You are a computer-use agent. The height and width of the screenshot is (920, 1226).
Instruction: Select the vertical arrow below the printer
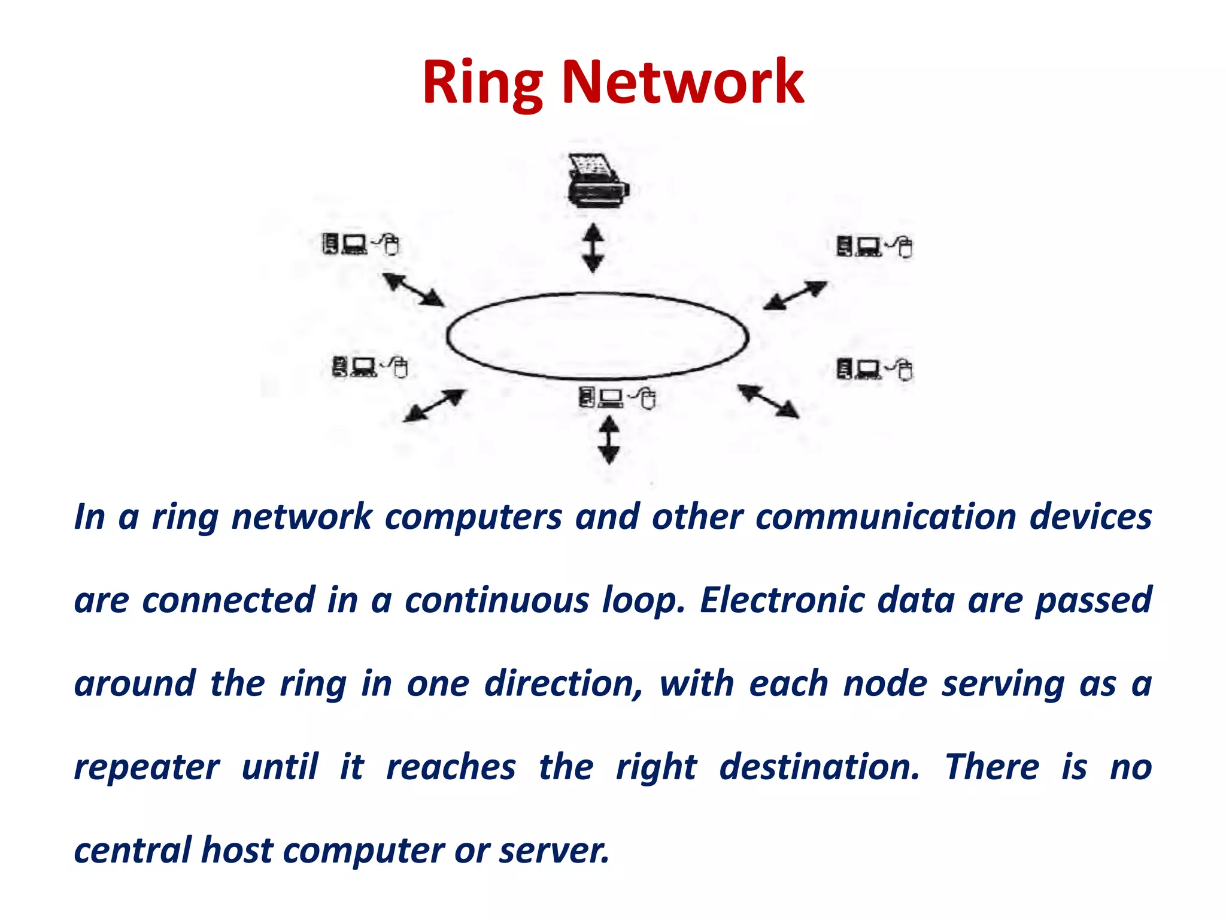click(593, 248)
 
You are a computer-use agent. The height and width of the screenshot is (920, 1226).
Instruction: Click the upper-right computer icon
click(874, 246)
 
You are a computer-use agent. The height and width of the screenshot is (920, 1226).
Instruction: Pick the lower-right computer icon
click(874, 369)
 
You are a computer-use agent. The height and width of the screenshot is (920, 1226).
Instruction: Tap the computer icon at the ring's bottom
click(617, 397)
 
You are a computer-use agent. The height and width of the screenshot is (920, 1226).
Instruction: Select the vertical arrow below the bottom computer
click(609, 440)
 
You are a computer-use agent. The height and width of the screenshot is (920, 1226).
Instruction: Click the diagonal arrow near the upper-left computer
click(414, 290)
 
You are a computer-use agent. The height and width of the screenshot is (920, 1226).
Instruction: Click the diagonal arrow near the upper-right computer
click(795, 295)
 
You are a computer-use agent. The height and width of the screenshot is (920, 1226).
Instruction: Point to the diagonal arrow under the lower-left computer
click(434, 405)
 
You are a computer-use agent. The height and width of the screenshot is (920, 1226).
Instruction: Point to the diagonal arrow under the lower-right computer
click(768, 401)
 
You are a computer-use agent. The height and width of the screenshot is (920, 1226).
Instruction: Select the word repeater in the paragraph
click(147, 767)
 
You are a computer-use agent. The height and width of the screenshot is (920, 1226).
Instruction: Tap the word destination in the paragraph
click(819, 767)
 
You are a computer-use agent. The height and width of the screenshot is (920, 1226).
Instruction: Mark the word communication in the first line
click(886, 517)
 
